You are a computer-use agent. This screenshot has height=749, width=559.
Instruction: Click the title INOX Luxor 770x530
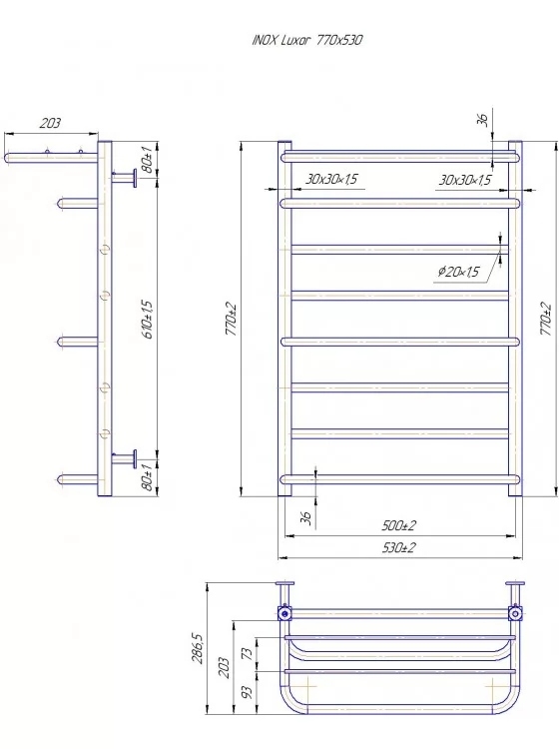click(x=306, y=40)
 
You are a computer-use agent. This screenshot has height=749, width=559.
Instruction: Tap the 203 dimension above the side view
click(x=50, y=123)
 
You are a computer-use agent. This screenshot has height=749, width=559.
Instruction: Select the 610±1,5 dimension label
click(x=148, y=320)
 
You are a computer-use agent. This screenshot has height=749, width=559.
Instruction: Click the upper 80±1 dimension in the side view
click(x=148, y=160)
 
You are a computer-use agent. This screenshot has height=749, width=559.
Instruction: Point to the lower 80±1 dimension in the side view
click(x=148, y=477)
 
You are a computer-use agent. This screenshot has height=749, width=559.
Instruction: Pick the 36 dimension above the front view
click(x=482, y=119)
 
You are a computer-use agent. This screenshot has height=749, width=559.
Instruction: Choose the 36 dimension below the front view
click(x=306, y=517)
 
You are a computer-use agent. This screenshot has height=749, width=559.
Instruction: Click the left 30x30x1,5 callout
click(x=331, y=179)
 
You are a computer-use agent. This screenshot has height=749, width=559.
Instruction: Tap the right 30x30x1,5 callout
click(x=465, y=180)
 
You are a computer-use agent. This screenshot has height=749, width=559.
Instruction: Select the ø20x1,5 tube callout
click(x=459, y=272)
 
